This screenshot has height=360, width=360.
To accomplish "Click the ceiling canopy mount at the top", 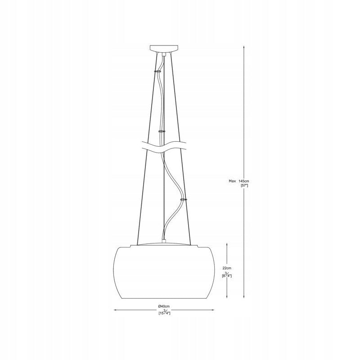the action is click(163, 49).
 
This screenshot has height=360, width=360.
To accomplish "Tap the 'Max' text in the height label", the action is click(232, 181).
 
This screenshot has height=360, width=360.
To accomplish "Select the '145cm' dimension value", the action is click(243, 181).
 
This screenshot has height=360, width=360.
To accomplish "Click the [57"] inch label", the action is click(244, 185).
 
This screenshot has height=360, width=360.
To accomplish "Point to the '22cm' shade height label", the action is click(227, 268).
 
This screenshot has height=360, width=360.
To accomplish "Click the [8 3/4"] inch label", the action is click(227, 275).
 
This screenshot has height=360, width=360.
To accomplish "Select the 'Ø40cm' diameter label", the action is click(164, 306).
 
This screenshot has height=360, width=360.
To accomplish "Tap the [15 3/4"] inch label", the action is click(164, 312).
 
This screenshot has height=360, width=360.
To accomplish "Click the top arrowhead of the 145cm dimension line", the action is click(244, 47).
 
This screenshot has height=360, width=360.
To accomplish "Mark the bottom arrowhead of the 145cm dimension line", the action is click(244, 297).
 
